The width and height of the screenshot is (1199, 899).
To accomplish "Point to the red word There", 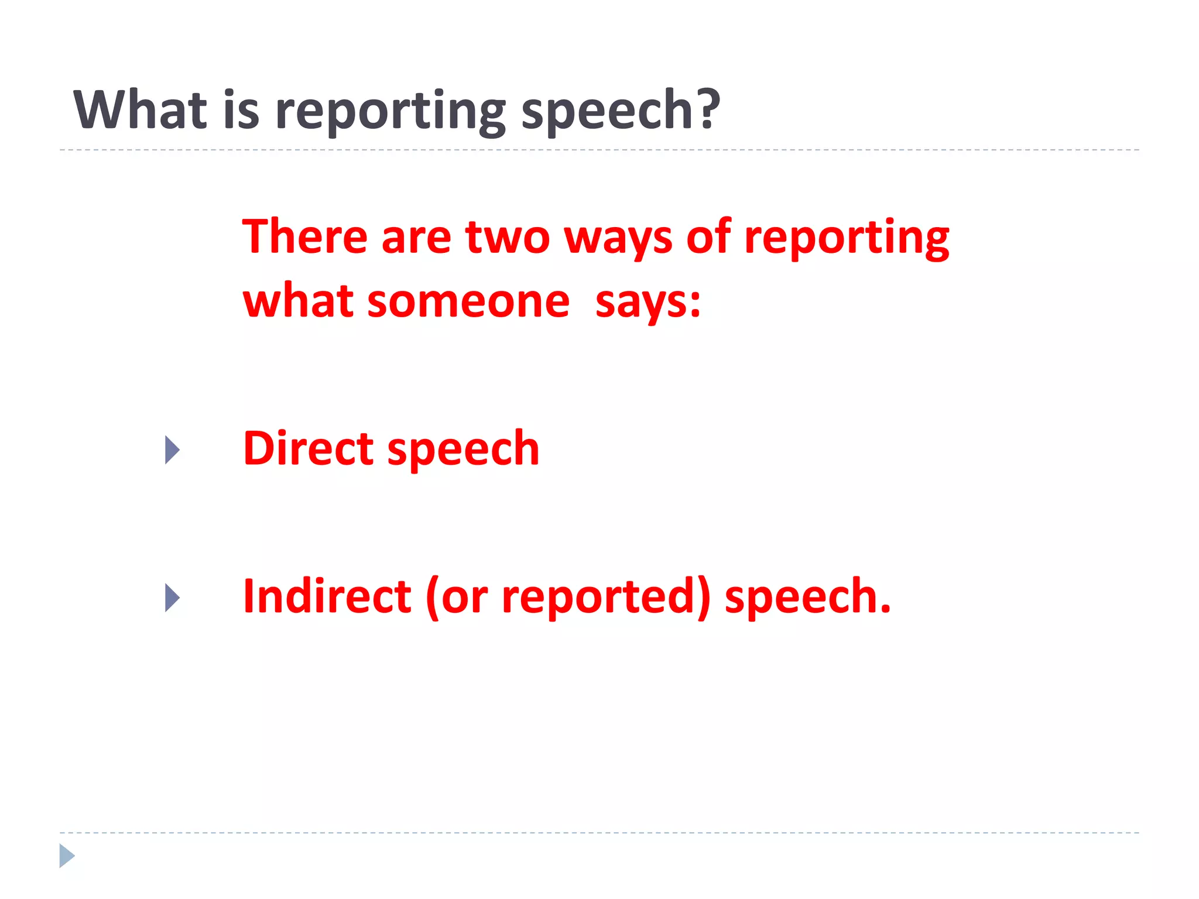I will click(305, 236).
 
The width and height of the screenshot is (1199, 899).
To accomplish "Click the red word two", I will click(508, 238).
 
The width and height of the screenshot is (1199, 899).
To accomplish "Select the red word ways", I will click(618, 240).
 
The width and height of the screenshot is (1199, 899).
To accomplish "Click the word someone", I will click(468, 302).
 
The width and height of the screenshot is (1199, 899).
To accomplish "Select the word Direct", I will click(308, 448).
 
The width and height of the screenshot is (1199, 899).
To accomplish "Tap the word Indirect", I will click(327, 596).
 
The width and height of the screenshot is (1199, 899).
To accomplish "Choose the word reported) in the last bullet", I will click(606, 598).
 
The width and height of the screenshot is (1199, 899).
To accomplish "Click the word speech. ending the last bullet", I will click(807, 598).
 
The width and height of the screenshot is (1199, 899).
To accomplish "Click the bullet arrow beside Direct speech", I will click(172, 450).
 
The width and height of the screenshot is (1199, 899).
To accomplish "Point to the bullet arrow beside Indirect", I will click(172, 598).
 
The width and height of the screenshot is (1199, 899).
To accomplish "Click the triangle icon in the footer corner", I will click(67, 856).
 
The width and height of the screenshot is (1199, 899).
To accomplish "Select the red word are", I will click(416, 238).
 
